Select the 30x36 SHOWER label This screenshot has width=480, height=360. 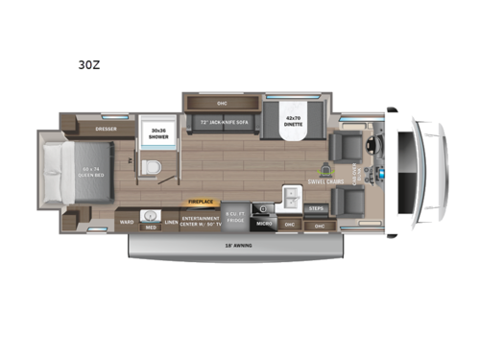(156, 134)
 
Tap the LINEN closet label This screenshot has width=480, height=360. (171, 223)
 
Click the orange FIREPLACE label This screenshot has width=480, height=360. (200, 203)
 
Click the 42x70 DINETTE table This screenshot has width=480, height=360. (291, 126)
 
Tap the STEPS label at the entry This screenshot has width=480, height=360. (315, 207)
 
